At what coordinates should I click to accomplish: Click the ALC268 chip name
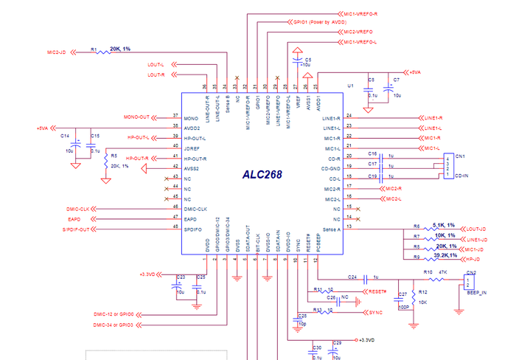[x=263, y=175]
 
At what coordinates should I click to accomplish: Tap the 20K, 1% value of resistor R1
[x=119, y=49]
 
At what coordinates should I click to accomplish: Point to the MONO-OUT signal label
[x=136, y=118]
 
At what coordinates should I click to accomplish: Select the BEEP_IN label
[x=478, y=293]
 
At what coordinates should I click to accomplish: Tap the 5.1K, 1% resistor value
[x=444, y=225]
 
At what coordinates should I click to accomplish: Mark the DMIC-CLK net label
[x=75, y=210]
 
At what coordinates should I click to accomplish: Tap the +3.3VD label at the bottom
[x=366, y=340]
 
